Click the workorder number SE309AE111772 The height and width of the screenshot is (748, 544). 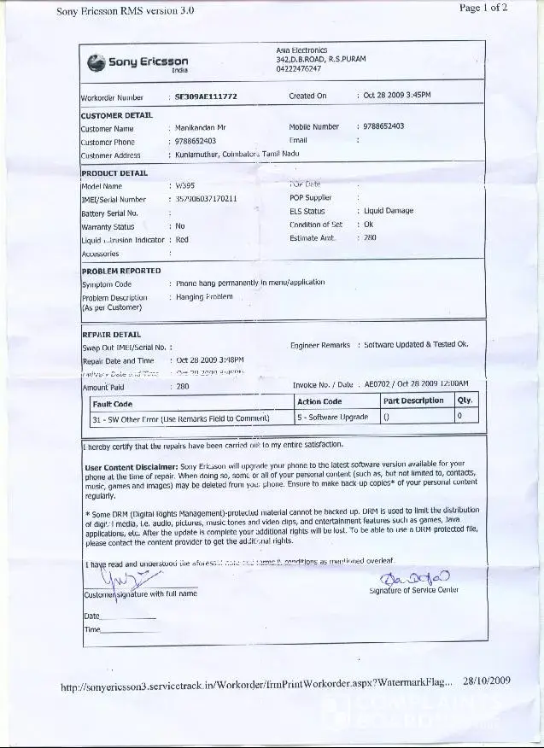pyautogui.click(x=206, y=97)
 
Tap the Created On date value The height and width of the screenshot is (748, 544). pyautogui.click(x=397, y=96)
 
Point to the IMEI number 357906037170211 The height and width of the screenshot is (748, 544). pyautogui.click(x=206, y=199)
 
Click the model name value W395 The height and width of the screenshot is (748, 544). pyautogui.click(x=184, y=185)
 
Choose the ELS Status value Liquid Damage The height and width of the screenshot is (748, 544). pyautogui.click(x=389, y=211)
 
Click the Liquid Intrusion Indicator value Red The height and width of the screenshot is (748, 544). pyautogui.click(x=182, y=240)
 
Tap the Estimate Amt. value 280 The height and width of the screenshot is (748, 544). pyautogui.click(x=370, y=238)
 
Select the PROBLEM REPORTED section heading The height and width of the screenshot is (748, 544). pyautogui.click(x=121, y=271)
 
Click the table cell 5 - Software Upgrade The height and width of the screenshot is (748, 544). pyautogui.click(x=333, y=418)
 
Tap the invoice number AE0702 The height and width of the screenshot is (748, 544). pyautogui.click(x=377, y=385)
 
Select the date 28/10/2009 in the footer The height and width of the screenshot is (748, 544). pyautogui.click(x=487, y=681)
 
